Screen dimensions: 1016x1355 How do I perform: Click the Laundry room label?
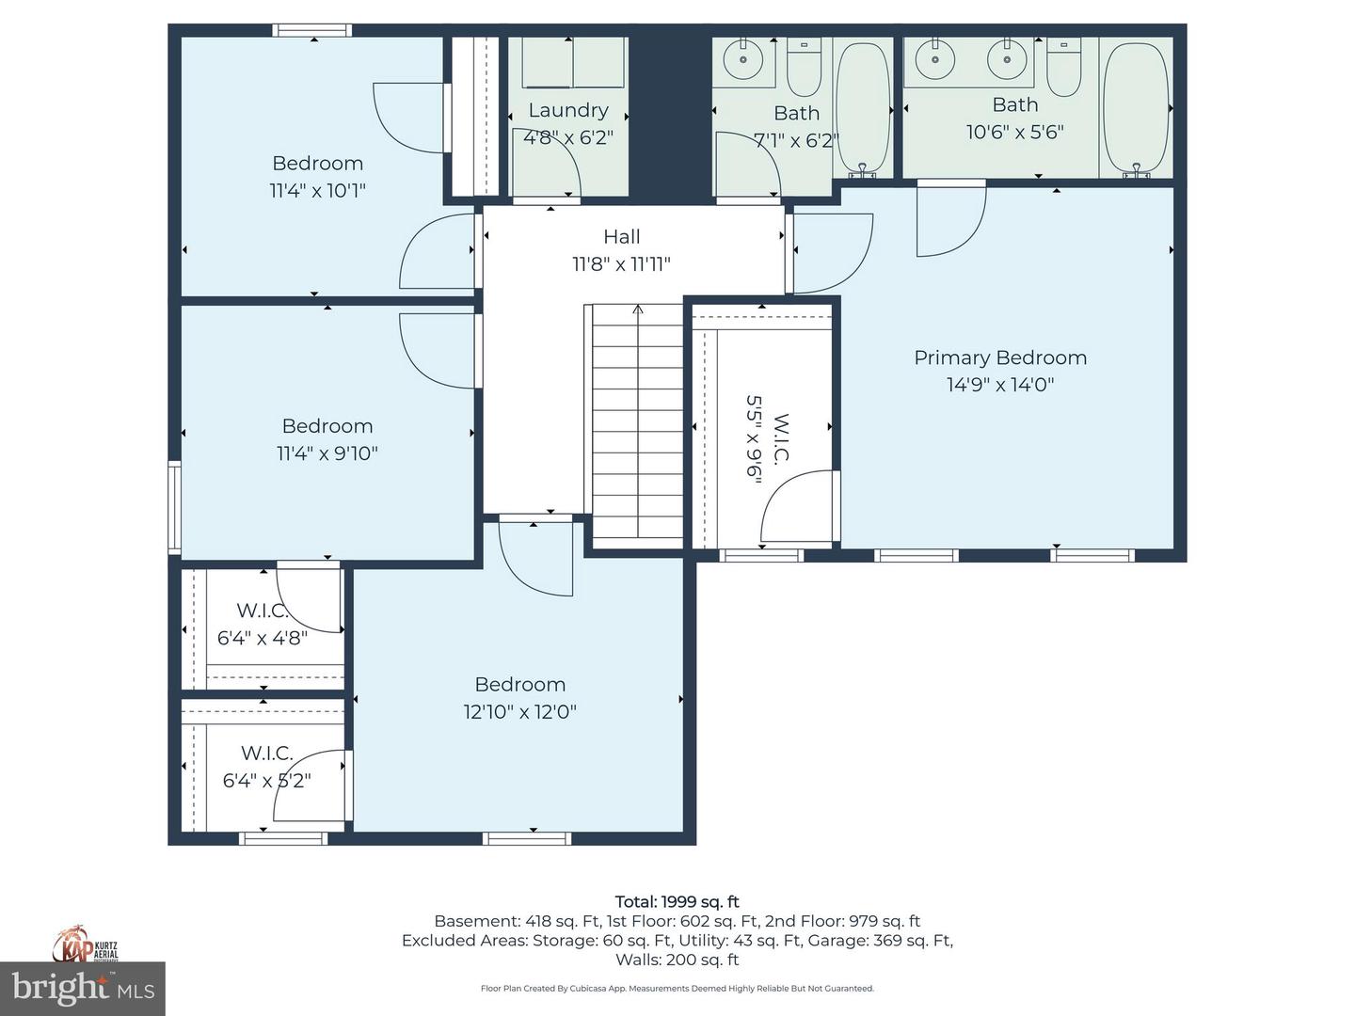tap(567, 110)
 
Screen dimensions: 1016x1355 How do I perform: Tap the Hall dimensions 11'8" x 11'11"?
tap(621, 264)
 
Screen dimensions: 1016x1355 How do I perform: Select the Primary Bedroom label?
tap(1000, 357)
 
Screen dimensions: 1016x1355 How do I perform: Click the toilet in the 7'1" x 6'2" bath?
tap(804, 69)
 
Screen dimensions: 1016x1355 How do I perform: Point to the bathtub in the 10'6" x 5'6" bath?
tap(1136, 108)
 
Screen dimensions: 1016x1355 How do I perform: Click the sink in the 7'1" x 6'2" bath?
tap(743, 61)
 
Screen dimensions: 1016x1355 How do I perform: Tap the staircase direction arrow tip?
tap(638, 308)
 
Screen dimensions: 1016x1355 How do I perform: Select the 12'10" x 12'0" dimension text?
tap(519, 711)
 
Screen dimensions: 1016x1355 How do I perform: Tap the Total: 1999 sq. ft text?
tap(677, 901)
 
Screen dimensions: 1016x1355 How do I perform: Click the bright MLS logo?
tap(83, 988)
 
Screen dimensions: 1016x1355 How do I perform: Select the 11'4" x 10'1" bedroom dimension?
tap(317, 190)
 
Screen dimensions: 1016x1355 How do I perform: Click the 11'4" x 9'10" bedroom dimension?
tap(327, 452)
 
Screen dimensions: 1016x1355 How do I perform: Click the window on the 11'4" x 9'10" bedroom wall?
tap(174, 506)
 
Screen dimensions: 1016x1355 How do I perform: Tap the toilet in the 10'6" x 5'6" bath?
tap(1063, 69)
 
